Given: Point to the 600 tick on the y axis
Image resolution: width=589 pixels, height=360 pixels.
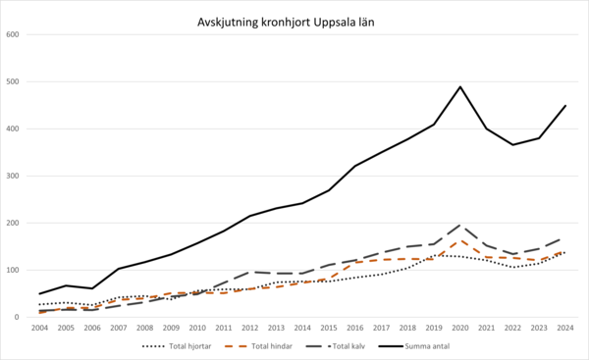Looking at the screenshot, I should pyautogui.click(x=13, y=35).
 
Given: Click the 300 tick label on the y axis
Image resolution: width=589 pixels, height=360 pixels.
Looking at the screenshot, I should pyautogui.click(x=13, y=177).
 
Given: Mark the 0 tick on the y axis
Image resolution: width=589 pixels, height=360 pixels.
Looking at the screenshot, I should pyautogui.click(x=18, y=317).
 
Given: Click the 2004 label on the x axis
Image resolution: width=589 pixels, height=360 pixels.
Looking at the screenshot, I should pyautogui.click(x=40, y=328).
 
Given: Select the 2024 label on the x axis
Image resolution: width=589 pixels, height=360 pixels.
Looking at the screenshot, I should pyautogui.click(x=565, y=328).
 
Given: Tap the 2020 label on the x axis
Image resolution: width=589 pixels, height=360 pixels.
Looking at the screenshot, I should pyautogui.click(x=460, y=328).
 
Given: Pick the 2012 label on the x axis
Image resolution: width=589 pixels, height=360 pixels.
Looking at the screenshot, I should pyautogui.click(x=250, y=328).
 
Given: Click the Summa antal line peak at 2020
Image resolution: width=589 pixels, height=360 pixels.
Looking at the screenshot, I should pyautogui.click(x=460, y=87).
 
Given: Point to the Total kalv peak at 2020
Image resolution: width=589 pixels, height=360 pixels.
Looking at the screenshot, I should pyautogui.click(x=460, y=225).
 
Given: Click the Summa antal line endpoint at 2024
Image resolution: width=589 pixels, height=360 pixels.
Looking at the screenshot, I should pyautogui.click(x=565, y=106).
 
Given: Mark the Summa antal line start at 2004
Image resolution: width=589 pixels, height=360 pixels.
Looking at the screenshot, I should pyautogui.click(x=40, y=293).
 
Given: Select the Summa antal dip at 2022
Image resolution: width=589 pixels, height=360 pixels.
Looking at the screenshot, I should pyautogui.click(x=512, y=145).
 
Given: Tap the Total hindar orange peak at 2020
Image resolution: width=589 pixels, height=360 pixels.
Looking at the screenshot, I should pyautogui.click(x=460, y=240).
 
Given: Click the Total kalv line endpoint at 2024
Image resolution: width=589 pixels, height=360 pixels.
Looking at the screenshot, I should pyautogui.click(x=565, y=237).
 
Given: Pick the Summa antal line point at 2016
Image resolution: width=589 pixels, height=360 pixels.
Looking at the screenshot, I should pyautogui.click(x=355, y=166).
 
